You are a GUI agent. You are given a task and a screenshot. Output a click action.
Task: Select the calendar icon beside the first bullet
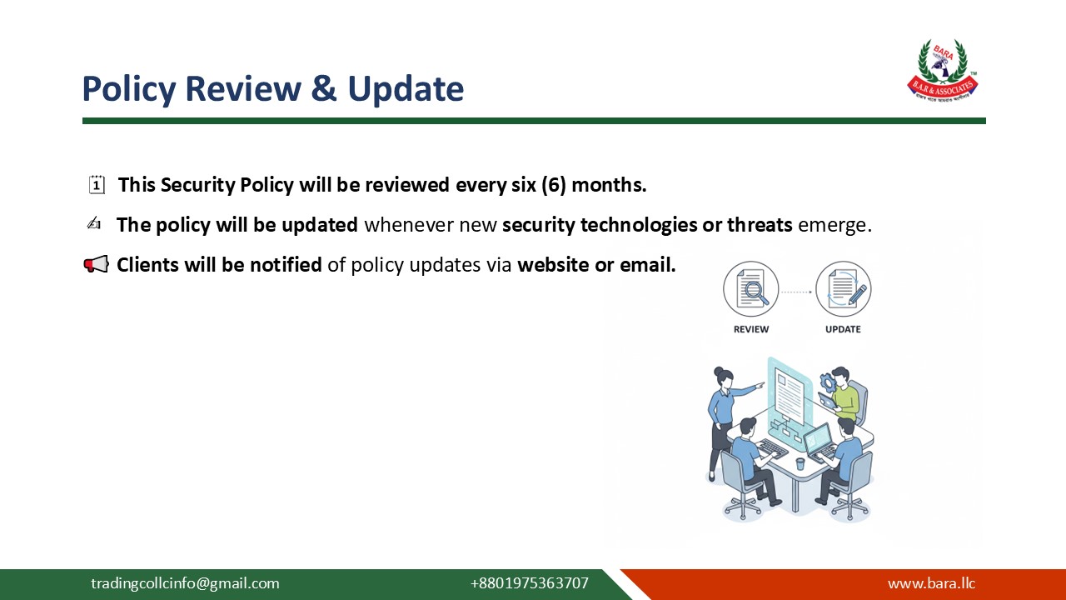97,185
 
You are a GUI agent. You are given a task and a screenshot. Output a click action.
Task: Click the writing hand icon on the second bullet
94,224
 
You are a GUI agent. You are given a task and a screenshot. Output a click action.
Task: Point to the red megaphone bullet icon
96,265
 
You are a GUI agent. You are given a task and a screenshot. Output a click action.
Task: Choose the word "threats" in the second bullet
759,225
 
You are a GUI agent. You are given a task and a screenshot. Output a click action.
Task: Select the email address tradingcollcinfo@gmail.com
185,583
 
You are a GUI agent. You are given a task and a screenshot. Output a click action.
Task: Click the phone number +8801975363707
529,583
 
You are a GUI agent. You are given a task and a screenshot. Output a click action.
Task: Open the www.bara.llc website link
931,583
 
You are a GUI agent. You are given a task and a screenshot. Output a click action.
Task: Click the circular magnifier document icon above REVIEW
750,290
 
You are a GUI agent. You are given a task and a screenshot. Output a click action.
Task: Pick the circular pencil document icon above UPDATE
843,290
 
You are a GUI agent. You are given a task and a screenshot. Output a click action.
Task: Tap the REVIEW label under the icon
750,329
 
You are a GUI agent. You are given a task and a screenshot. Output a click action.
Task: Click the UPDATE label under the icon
843,329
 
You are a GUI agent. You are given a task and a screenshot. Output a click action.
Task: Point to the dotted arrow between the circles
796,292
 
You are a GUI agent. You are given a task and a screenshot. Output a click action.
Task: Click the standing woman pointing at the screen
723,417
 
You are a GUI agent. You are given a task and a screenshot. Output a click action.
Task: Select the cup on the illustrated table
799,463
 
